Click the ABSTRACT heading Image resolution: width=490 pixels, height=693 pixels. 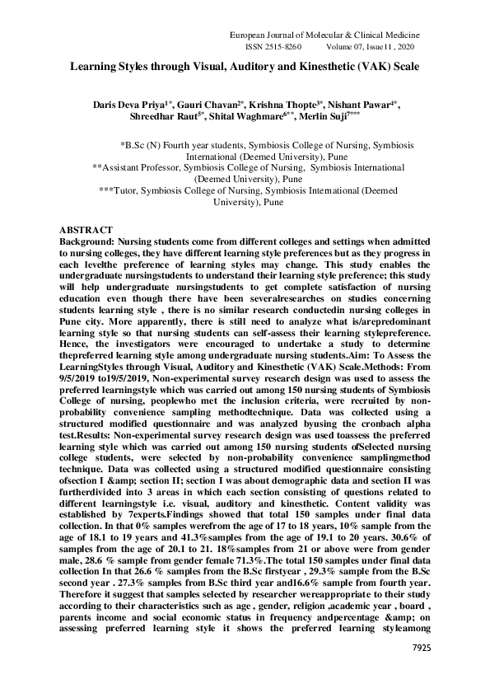click(x=90, y=227)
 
